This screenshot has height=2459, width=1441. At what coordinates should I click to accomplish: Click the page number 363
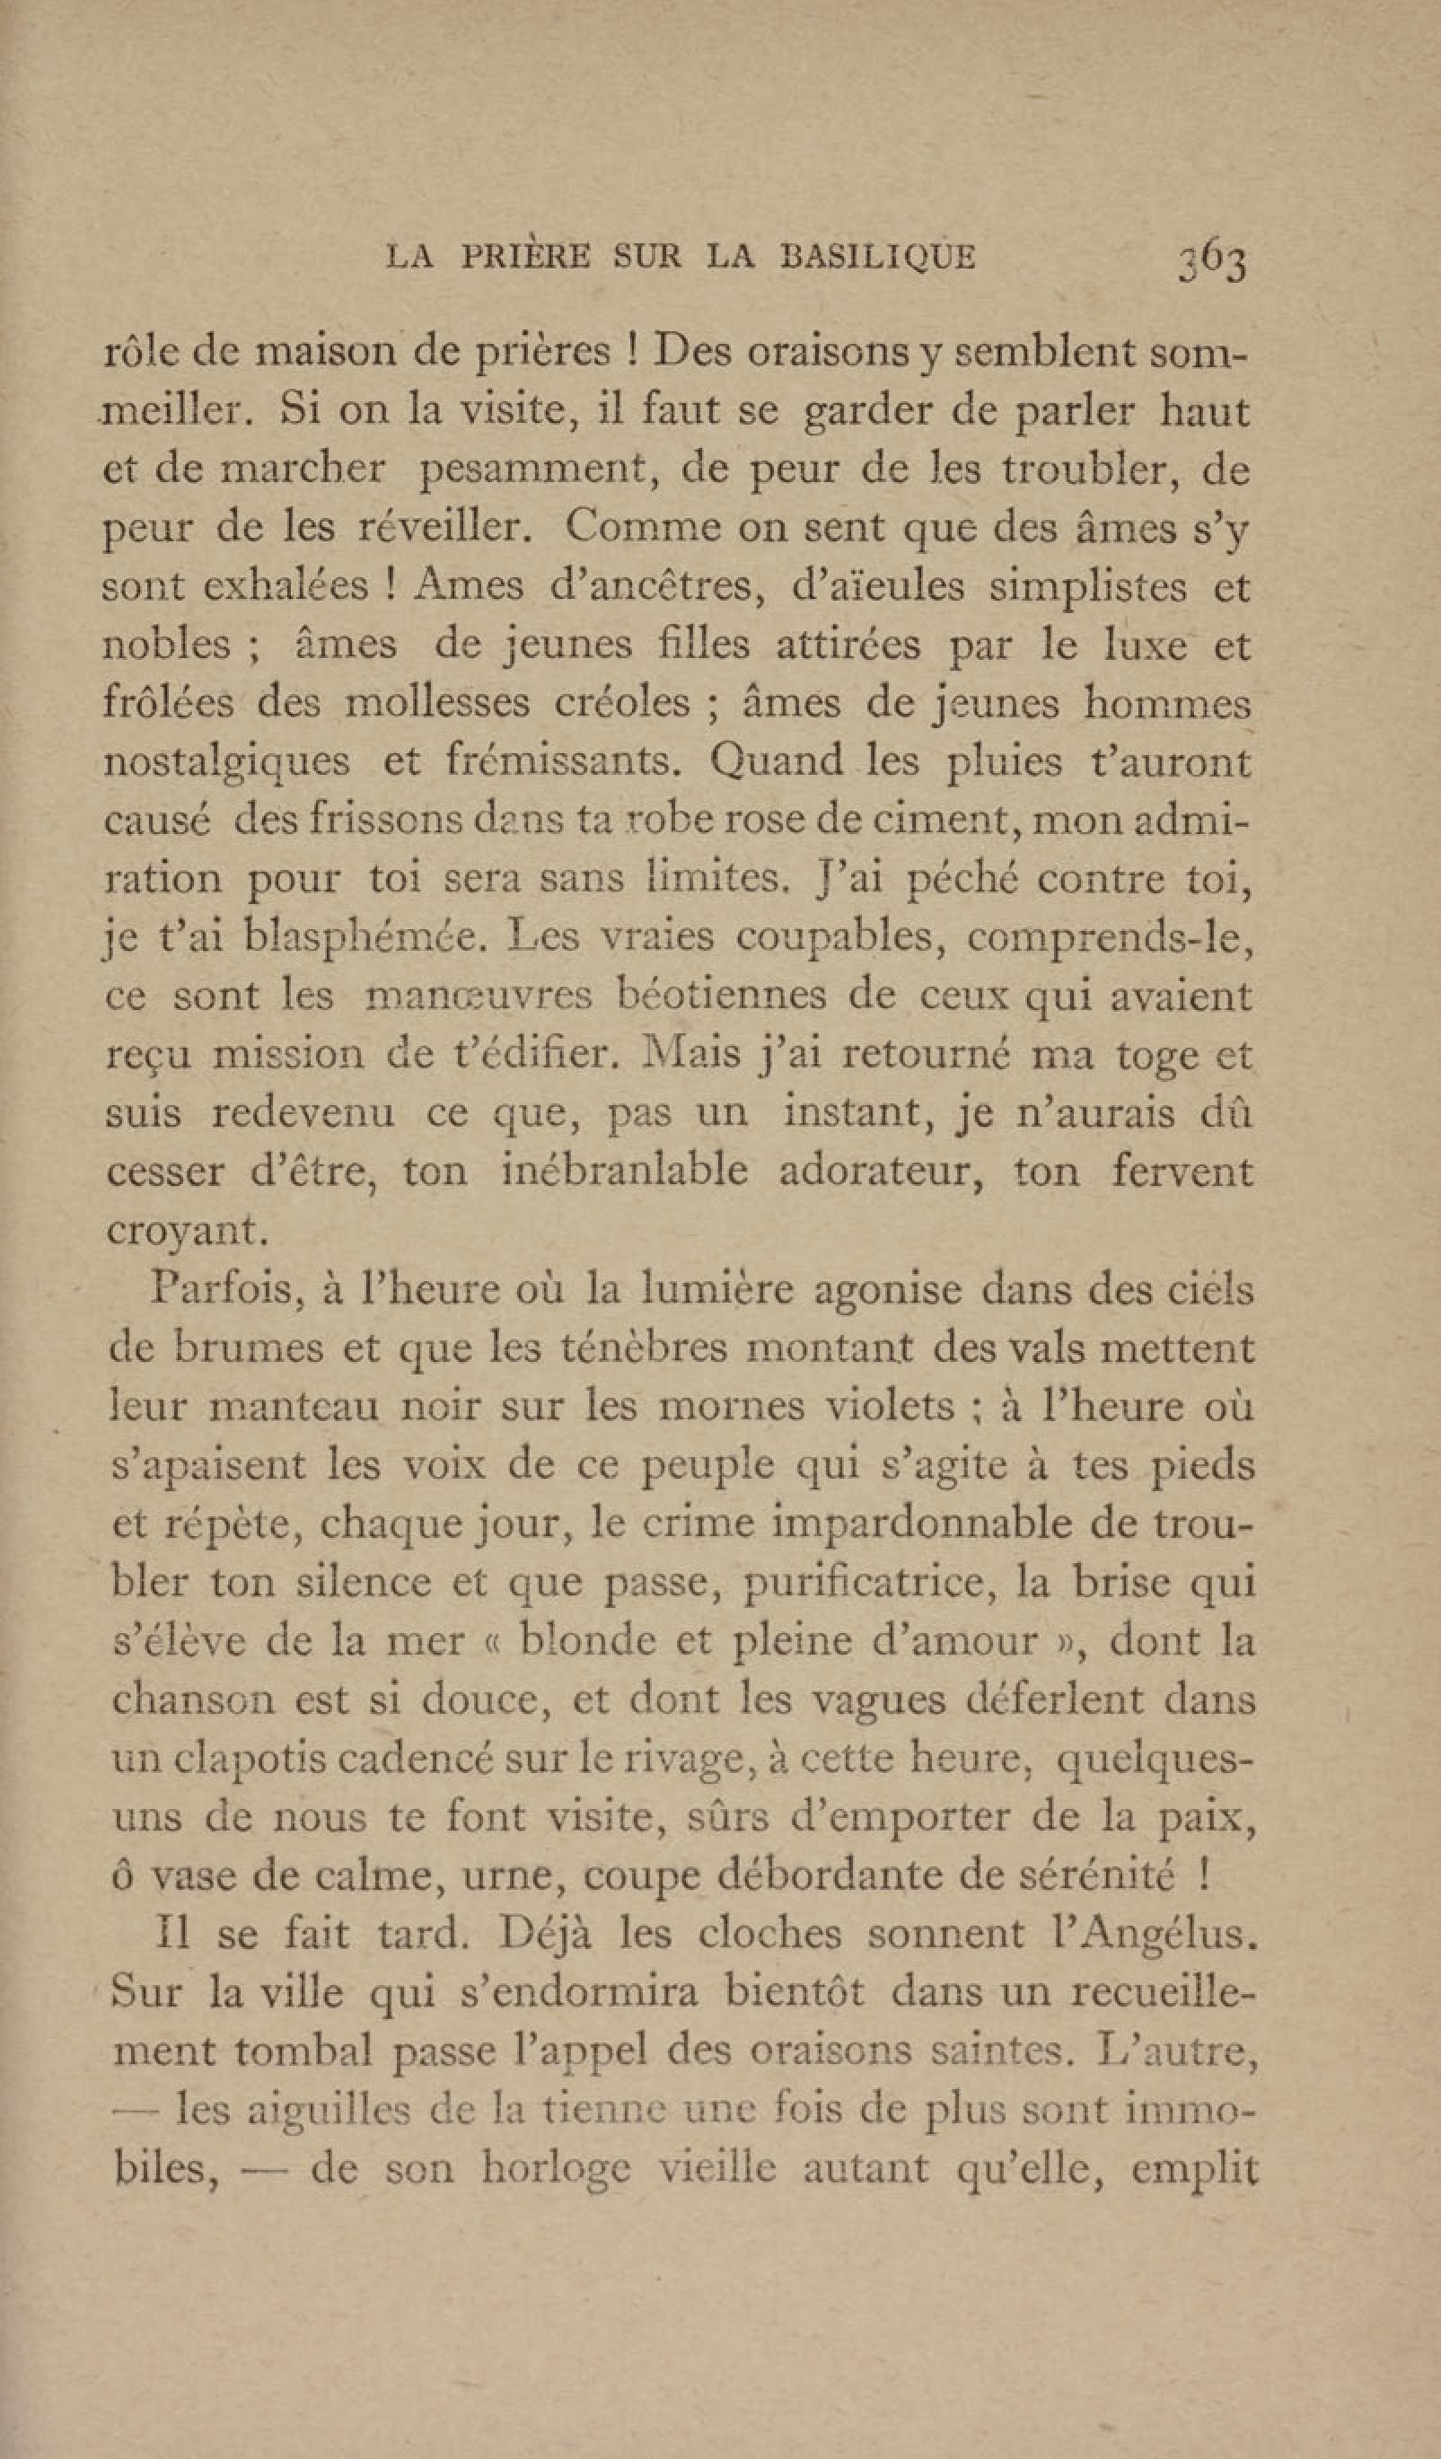[x=1213, y=261]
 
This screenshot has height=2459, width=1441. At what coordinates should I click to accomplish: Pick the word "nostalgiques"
[x=226, y=762]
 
